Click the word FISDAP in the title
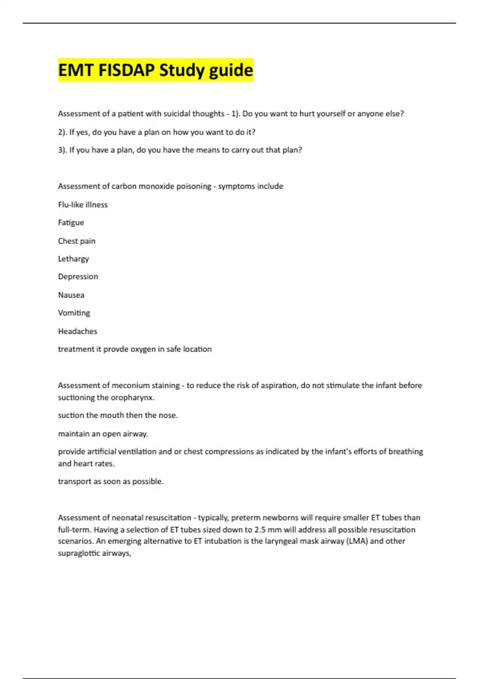tap(127, 70)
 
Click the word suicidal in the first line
tap(176, 114)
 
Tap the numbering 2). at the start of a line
tap(63, 132)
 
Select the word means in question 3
tap(207, 150)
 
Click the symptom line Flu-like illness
tap(83, 205)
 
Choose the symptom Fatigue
tap(71, 222)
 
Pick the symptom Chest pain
tap(77, 241)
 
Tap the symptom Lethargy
tap(73, 259)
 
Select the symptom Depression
tap(78, 277)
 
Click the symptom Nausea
tap(71, 295)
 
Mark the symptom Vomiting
tap(74, 313)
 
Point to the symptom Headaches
tap(77, 332)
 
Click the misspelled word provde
tap(116, 349)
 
